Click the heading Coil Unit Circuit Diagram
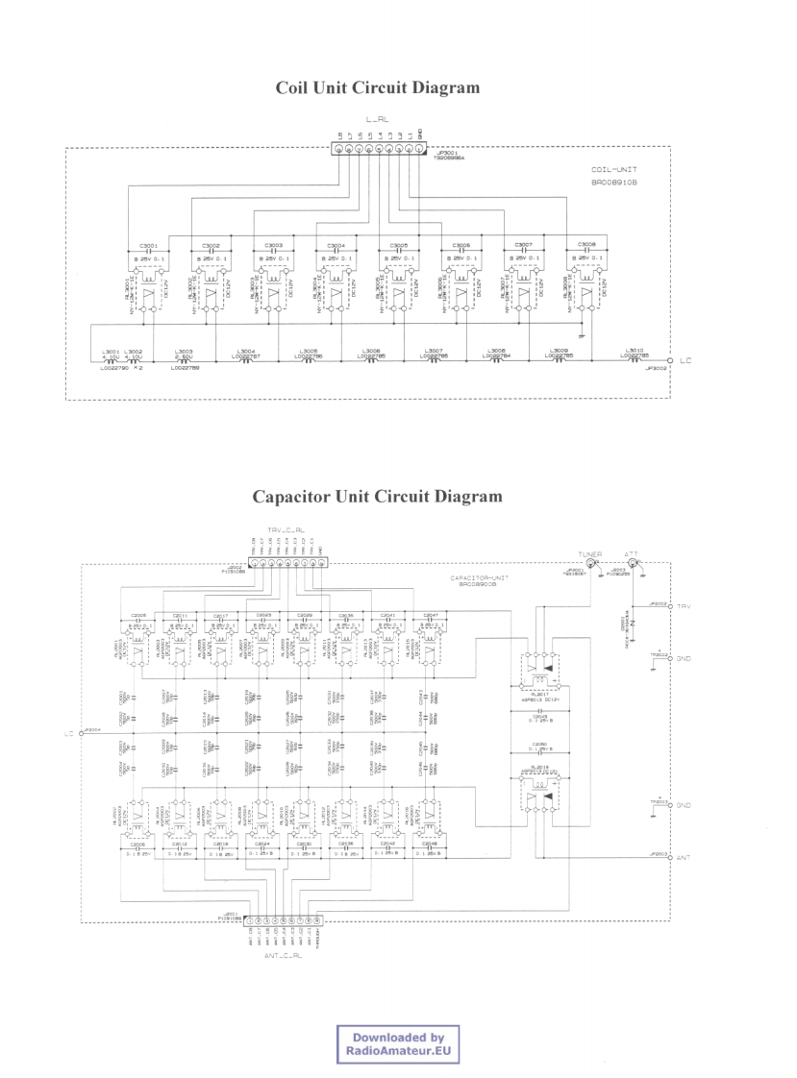pos(377,88)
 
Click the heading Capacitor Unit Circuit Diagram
pos(377,497)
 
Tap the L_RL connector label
pos(378,118)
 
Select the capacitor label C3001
pos(148,245)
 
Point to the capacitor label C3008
pos(586,245)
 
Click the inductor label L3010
pos(632,351)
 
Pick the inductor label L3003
pos(185,351)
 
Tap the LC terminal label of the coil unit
pos(685,361)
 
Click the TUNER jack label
pos(589,555)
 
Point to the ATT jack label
pos(632,554)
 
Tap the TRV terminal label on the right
pos(685,607)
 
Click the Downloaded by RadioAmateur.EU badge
pos(398,1044)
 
